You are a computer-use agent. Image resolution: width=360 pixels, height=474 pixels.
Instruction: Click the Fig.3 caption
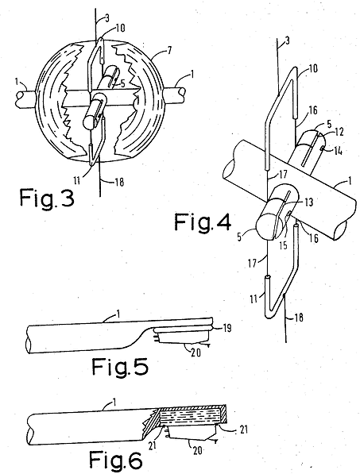[47, 198]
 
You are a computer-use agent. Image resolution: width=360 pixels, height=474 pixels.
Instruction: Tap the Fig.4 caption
[203, 222]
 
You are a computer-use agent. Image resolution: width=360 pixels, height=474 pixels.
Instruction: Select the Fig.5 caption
[120, 366]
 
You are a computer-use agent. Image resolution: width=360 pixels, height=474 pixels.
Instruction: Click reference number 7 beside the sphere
[170, 50]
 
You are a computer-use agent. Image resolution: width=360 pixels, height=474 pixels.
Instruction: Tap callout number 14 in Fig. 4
[339, 151]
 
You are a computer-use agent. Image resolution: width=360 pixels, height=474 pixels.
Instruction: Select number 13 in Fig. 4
[308, 202]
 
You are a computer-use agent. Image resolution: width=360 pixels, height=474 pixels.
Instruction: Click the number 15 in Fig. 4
[283, 245]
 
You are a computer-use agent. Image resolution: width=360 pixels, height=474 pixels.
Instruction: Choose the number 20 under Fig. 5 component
[196, 353]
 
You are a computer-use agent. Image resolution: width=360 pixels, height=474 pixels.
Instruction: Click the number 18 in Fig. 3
[119, 183]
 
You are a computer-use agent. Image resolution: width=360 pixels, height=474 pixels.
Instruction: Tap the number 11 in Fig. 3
[77, 180]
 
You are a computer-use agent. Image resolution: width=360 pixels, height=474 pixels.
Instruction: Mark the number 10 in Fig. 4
[313, 68]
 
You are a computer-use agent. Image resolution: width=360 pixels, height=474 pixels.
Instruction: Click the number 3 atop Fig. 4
[286, 40]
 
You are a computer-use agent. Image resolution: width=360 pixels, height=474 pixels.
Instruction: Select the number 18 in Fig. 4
[298, 318]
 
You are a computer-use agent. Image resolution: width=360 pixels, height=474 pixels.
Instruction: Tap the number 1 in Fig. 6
[114, 402]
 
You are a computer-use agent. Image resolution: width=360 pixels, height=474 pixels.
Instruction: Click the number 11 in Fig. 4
[254, 299]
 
